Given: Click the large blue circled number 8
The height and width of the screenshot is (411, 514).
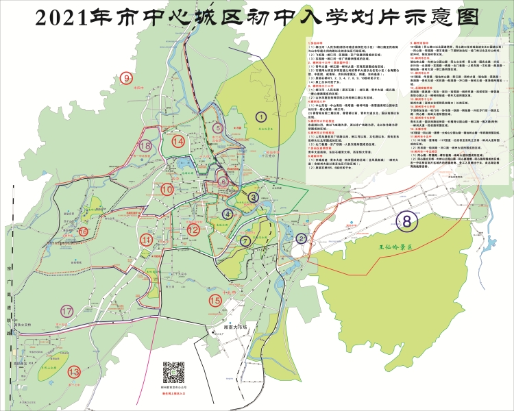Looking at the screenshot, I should pos(407,221).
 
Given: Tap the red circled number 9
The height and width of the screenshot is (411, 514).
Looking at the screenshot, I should pos(127,78).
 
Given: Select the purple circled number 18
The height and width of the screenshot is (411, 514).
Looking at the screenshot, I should pos(144,145).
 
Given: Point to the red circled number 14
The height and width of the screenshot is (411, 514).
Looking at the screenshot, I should pos(178,141).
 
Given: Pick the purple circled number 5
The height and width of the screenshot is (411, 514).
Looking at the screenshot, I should pos(217,127).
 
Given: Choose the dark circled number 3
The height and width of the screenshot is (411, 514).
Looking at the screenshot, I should pos(254,197).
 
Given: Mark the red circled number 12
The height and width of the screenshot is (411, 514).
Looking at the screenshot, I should pos(194,230).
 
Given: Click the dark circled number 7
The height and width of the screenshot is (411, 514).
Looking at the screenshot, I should pos(245,240).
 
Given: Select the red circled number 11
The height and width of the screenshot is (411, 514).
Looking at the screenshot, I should pos(147,239).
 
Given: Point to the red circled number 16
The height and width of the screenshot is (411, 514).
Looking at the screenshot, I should pos(83,232).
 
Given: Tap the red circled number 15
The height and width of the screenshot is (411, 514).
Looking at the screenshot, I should pos(215,299).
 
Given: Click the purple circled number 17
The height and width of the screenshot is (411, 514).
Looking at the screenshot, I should pos(66,311).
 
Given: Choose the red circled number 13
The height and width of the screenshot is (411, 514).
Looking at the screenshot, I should pos(75,372).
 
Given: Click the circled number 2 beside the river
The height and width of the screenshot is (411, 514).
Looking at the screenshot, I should pos(302,238).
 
